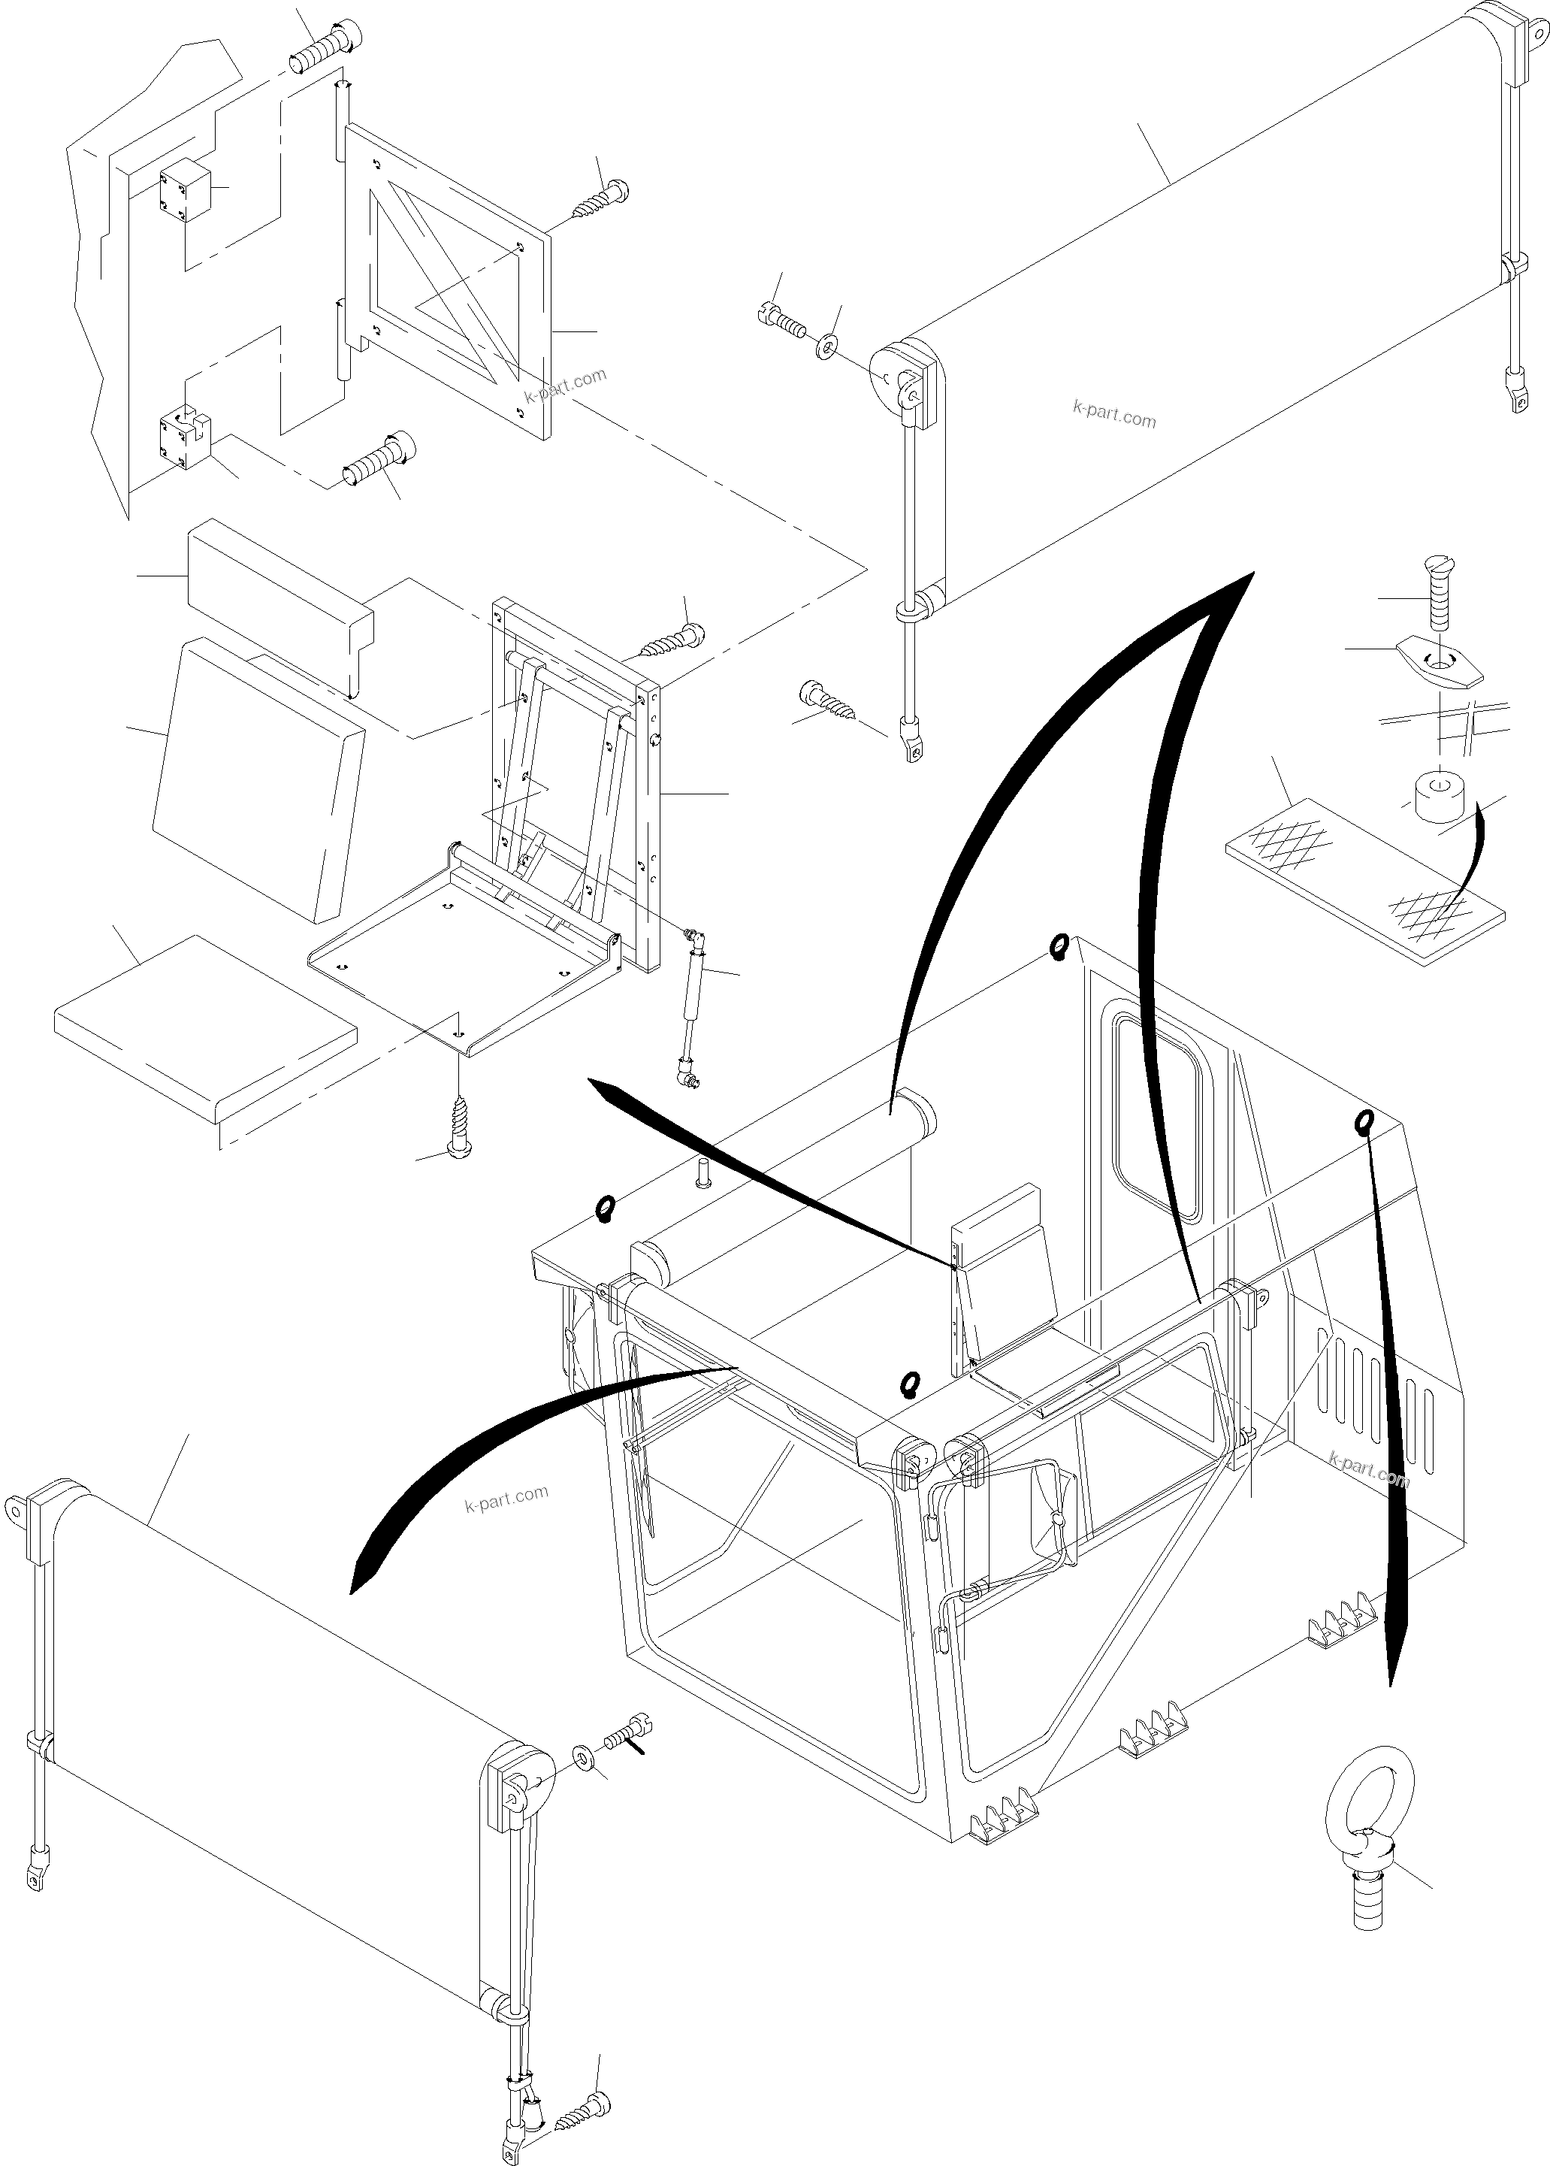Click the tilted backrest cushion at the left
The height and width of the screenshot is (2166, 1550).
[258, 778]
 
